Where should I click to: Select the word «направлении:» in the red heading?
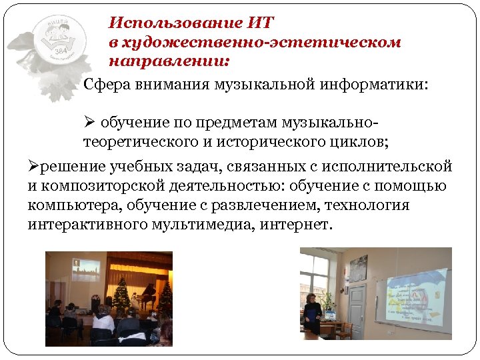point(169,61)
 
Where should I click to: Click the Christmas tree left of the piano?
point(122,294)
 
